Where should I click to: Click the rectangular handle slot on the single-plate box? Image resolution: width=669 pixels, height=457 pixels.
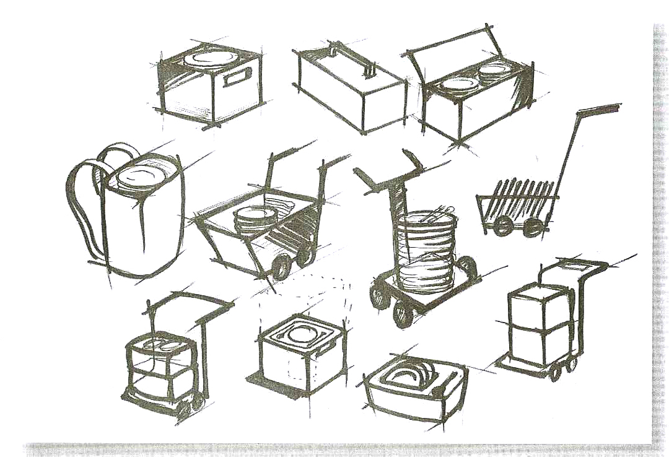click(236, 79)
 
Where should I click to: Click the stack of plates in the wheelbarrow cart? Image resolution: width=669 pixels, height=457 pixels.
click(254, 219)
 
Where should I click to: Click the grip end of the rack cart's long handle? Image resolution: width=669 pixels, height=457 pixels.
click(601, 110)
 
